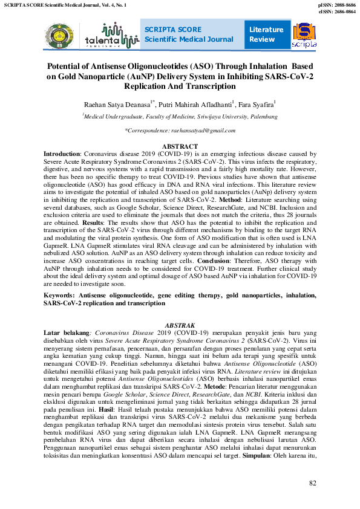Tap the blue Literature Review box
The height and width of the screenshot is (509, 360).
(x=266, y=34)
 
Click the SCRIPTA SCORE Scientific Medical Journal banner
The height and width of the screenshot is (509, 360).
(x=189, y=34)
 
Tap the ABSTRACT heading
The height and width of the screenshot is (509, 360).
(x=180, y=147)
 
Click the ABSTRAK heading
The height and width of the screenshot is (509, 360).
(x=180, y=326)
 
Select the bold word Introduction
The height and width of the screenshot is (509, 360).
(x=62, y=155)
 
